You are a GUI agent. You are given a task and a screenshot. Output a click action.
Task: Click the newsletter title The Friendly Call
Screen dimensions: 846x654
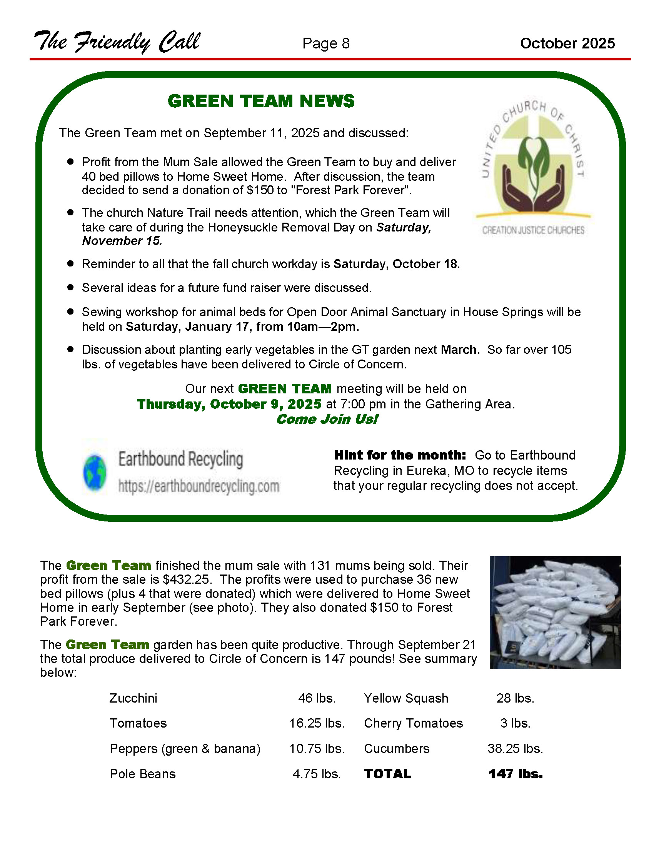click(x=117, y=42)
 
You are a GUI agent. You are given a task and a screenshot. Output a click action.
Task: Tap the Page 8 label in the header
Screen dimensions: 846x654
click(x=326, y=43)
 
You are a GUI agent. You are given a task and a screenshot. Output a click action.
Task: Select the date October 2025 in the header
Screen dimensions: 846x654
click(x=567, y=43)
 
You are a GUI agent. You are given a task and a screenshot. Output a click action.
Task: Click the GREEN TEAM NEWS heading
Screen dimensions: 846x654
click(x=261, y=102)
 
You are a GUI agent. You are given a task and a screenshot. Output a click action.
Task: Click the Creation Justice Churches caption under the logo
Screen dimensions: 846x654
click(x=533, y=230)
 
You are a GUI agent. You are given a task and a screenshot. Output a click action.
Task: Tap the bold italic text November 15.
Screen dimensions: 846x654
click(x=122, y=241)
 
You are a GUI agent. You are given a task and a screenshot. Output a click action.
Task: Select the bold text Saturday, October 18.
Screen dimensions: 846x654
click(x=396, y=264)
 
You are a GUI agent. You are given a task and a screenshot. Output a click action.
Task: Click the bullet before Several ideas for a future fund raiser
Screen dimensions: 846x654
click(x=70, y=287)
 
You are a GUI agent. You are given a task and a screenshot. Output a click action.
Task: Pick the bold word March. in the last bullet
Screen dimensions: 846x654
click(x=460, y=350)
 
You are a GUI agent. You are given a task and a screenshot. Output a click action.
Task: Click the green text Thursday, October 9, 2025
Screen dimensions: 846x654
click(x=229, y=405)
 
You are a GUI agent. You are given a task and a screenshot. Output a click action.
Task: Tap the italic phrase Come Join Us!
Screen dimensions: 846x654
click(x=327, y=419)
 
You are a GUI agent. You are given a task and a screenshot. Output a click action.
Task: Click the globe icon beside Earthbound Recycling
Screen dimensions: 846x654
click(x=95, y=473)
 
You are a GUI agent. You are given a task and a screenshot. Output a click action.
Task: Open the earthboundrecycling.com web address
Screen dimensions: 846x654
click(x=199, y=486)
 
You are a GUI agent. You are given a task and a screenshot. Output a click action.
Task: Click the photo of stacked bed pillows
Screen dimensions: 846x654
click(x=555, y=613)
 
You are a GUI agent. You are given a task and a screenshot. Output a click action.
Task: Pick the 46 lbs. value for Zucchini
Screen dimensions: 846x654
click(x=317, y=698)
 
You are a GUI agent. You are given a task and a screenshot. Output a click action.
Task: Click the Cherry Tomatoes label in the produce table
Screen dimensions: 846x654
click(x=413, y=723)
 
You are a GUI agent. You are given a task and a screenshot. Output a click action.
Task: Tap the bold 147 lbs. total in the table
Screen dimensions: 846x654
click(x=515, y=774)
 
